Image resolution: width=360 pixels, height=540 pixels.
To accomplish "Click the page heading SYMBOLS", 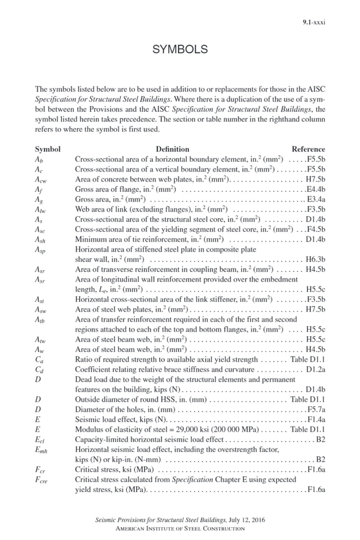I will (x=180, y=50).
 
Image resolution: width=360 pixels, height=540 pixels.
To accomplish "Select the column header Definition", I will (x=173, y=149).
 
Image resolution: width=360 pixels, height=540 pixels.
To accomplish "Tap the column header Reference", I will (x=308, y=149).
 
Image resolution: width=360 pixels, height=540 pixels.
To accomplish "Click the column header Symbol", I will (x=47, y=149).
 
